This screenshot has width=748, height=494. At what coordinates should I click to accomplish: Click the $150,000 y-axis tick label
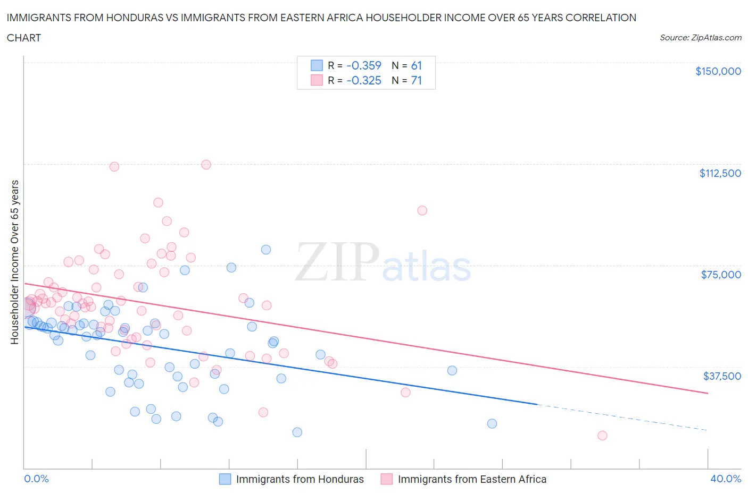pyautogui.click(x=718, y=71)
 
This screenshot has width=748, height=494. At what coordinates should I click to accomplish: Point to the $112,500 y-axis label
pyautogui.click(x=720, y=173)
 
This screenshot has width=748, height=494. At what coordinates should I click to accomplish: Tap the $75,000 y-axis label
pyautogui.click(x=721, y=275)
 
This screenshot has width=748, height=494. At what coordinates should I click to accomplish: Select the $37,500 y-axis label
pyautogui.click(x=722, y=376)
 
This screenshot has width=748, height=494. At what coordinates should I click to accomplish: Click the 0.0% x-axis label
pyautogui.click(x=36, y=479)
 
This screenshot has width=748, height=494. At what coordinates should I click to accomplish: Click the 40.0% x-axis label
pyautogui.click(x=726, y=479)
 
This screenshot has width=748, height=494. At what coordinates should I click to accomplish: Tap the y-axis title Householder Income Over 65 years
pyautogui.click(x=15, y=262)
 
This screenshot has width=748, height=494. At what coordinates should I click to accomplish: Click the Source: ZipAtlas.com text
pyautogui.click(x=700, y=38)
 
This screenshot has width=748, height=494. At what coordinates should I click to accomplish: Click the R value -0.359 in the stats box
pyautogui.click(x=364, y=65)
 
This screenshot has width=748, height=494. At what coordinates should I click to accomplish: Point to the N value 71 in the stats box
pyautogui.click(x=416, y=80)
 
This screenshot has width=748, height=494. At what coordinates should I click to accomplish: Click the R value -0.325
pyautogui.click(x=364, y=80)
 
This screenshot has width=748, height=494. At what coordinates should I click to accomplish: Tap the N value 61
pyautogui.click(x=416, y=65)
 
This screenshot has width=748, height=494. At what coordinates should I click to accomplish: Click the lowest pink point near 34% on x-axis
pyautogui.click(x=602, y=436)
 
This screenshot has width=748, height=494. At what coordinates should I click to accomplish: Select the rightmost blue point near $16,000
pyautogui.click(x=492, y=423)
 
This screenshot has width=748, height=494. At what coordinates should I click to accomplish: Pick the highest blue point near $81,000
pyautogui.click(x=266, y=250)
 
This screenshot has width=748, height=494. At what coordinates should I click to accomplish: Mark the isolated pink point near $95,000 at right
pyautogui.click(x=422, y=210)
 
